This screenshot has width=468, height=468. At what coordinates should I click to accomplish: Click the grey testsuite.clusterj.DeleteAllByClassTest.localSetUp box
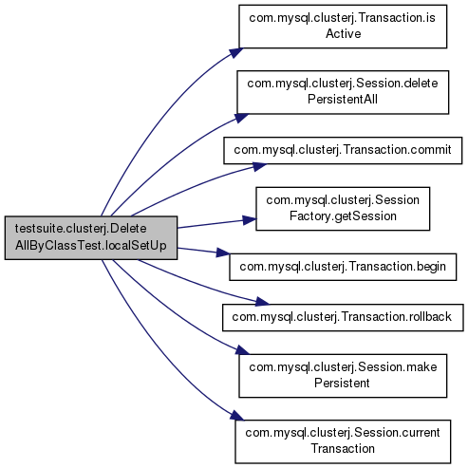(x=91, y=238)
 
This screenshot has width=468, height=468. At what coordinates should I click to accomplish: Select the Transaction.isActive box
(x=343, y=27)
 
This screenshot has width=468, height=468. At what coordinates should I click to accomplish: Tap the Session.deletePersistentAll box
(x=343, y=92)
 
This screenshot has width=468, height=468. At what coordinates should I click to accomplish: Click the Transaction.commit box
(x=343, y=150)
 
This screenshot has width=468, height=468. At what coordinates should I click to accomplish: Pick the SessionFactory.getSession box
(x=343, y=209)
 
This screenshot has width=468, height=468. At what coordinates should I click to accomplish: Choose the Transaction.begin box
(x=343, y=267)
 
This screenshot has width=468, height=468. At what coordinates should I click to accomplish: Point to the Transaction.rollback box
(x=343, y=318)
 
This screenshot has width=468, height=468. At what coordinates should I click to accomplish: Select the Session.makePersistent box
(x=343, y=376)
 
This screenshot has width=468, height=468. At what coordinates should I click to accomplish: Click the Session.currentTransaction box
(x=343, y=441)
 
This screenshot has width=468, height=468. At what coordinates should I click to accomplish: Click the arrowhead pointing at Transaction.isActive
(x=235, y=52)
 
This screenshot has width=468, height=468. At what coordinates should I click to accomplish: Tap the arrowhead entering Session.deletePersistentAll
(x=242, y=118)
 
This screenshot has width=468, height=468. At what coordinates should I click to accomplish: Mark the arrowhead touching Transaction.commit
(x=259, y=167)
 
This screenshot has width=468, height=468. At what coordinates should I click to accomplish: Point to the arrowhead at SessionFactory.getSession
(x=250, y=220)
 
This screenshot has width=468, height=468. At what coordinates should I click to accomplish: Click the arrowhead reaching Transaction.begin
(x=222, y=253)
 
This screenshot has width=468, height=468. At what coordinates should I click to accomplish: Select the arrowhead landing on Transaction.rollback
(x=262, y=301)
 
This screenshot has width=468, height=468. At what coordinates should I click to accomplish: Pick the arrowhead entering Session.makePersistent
(x=242, y=350)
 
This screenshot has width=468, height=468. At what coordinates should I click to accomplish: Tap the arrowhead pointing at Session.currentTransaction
(x=237, y=416)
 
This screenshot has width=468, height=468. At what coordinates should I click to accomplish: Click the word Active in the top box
(x=344, y=33)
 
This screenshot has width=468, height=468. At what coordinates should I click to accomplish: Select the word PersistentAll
(x=343, y=99)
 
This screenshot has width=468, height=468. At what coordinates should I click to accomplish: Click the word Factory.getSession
(x=343, y=216)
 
